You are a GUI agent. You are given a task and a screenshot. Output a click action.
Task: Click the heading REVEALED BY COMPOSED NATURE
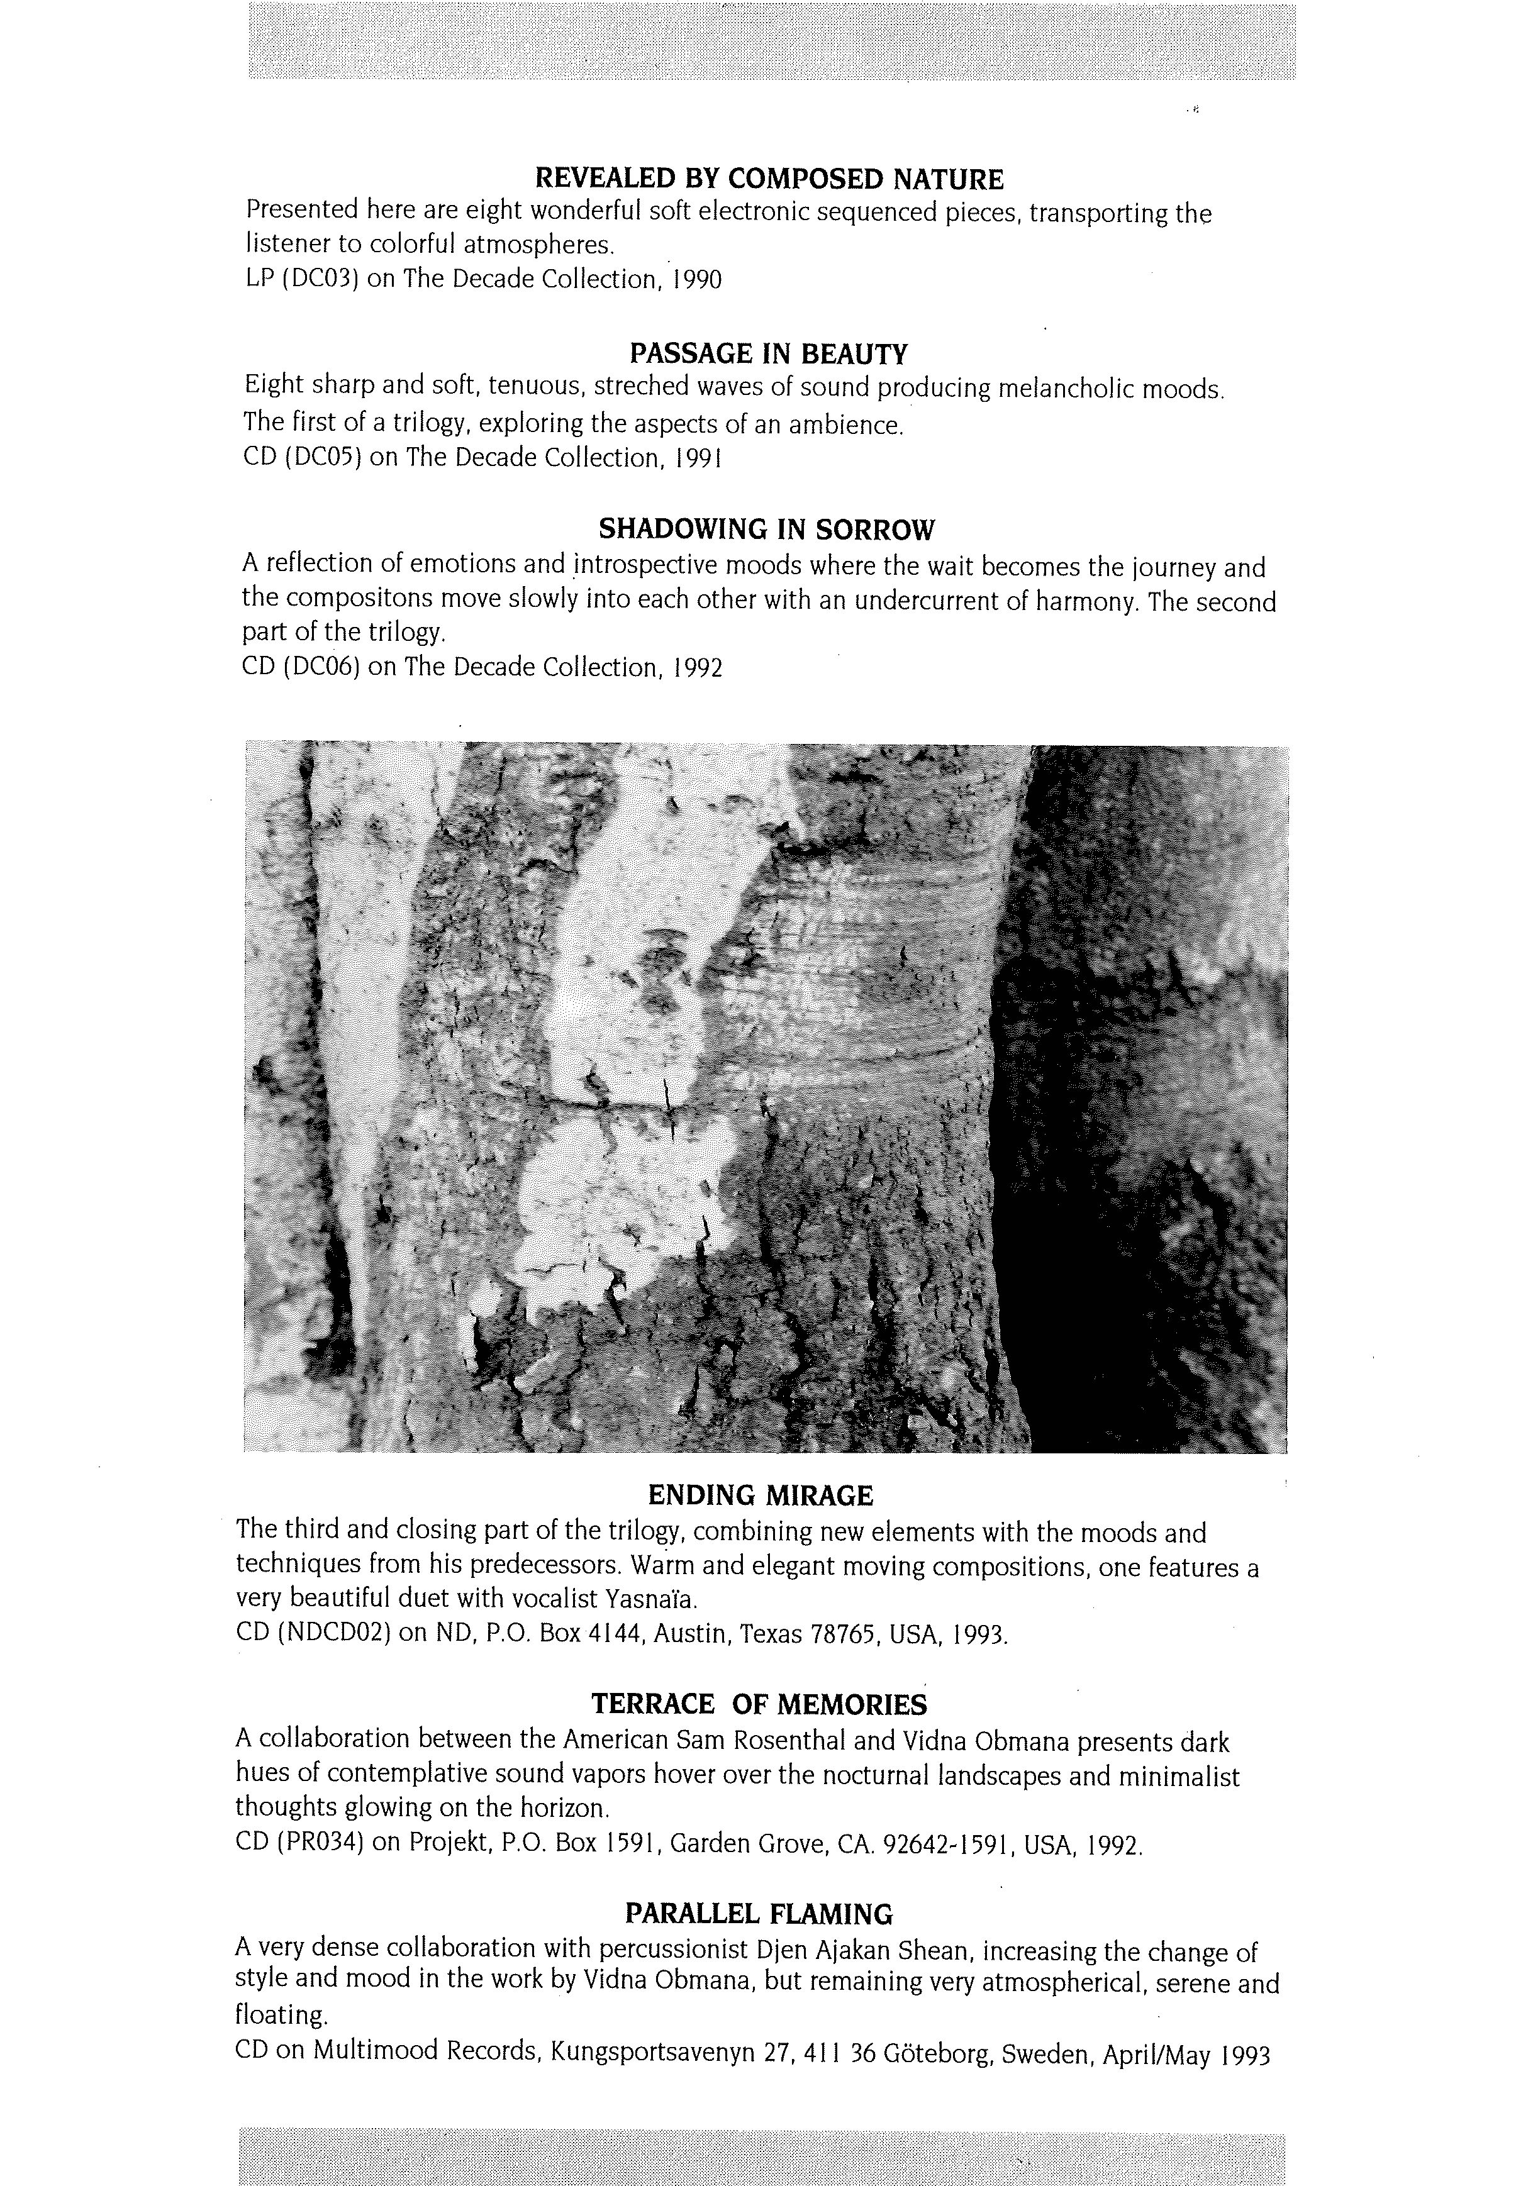[x=769, y=179]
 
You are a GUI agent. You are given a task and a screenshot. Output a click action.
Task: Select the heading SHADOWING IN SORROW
[x=766, y=530]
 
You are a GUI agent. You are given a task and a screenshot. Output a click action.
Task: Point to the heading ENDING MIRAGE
[x=760, y=1495]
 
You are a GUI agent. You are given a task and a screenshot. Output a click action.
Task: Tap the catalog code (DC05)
[x=321, y=458]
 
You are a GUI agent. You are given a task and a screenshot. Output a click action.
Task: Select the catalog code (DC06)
[x=320, y=667]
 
